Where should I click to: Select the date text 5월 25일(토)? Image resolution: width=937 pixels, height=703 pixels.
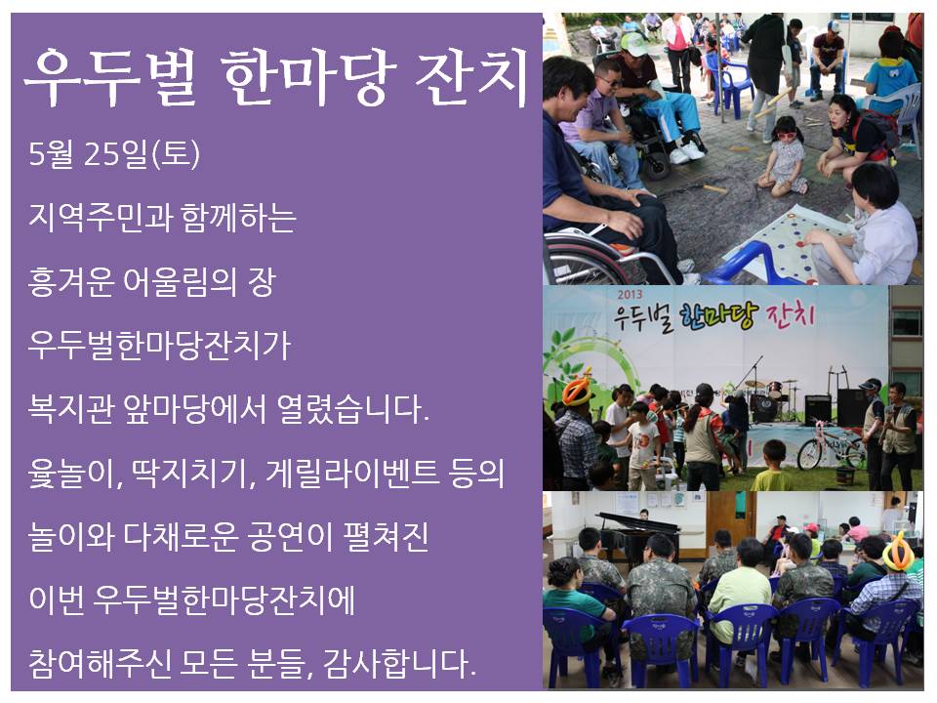tap(114, 153)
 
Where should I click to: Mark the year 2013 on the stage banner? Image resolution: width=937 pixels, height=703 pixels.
tap(630, 294)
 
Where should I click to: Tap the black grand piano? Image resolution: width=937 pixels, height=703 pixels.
tap(639, 532)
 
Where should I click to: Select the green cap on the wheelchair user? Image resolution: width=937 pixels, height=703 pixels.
tap(634, 44)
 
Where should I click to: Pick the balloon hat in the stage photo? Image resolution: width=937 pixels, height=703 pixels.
tap(578, 390)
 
